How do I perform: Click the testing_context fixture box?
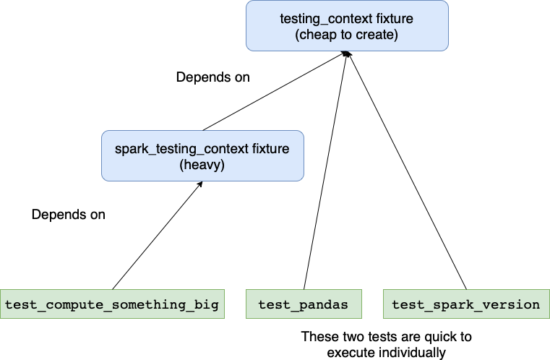click(347, 25)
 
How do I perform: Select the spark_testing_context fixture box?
click(202, 155)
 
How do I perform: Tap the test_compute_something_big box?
click(111, 304)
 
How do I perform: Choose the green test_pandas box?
click(303, 304)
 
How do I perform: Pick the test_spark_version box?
click(465, 304)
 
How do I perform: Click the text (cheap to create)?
click(347, 35)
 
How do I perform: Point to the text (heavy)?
click(202, 165)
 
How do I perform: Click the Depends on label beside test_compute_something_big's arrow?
click(69, 215)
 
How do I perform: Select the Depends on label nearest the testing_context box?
click(213, 77)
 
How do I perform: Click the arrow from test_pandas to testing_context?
click(325, 173)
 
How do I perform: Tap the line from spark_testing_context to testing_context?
click(275, 92)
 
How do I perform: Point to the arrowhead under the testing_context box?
click(347, 54)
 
